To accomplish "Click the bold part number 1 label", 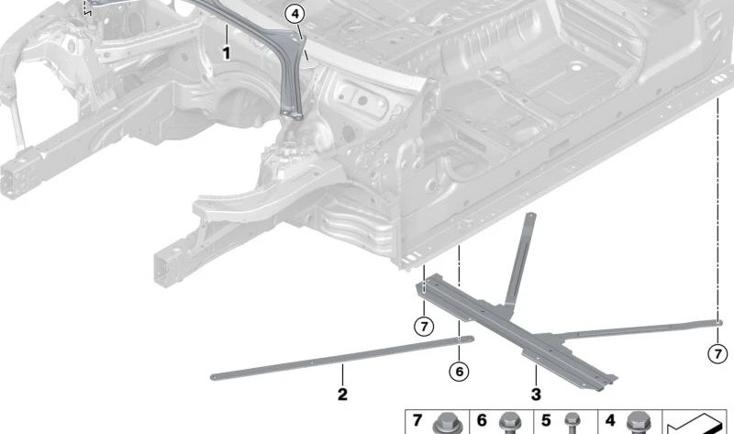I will click(227, 54).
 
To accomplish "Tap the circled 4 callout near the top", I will click(294, 14).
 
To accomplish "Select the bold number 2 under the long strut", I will click(342, 395).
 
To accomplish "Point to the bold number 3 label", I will click(536, 395).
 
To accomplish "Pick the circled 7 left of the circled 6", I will click(422, 327).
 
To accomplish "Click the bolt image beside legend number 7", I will click(450, 423).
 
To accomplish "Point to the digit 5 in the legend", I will click(546, 421).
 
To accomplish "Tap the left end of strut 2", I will click(214, 374).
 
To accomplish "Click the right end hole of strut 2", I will click(460, 338).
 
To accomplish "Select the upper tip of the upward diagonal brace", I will click(531, 217).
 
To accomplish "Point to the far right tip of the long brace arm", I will click(718, 321).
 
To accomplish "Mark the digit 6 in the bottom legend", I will click(481, 421).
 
